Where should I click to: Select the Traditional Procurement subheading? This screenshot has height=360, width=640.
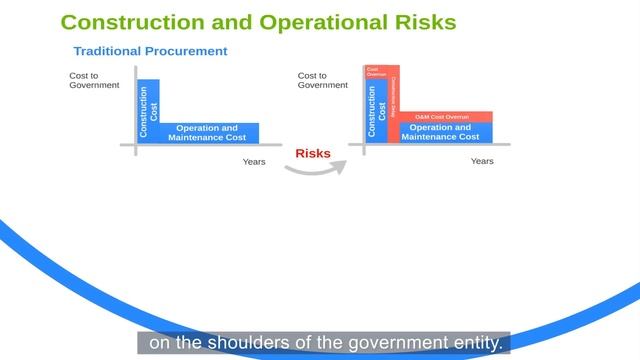[150, 51]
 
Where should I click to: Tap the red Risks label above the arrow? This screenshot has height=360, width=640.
[313, 153]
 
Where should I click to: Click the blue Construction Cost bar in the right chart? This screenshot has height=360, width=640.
[376, 113]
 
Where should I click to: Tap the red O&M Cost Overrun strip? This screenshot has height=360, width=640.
[446, 116]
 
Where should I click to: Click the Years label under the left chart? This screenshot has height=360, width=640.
[254, 161]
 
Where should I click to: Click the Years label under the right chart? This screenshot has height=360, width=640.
[482, 160]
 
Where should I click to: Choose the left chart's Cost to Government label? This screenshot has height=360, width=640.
[94, 80]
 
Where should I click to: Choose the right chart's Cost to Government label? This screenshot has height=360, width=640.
[322, 80]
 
